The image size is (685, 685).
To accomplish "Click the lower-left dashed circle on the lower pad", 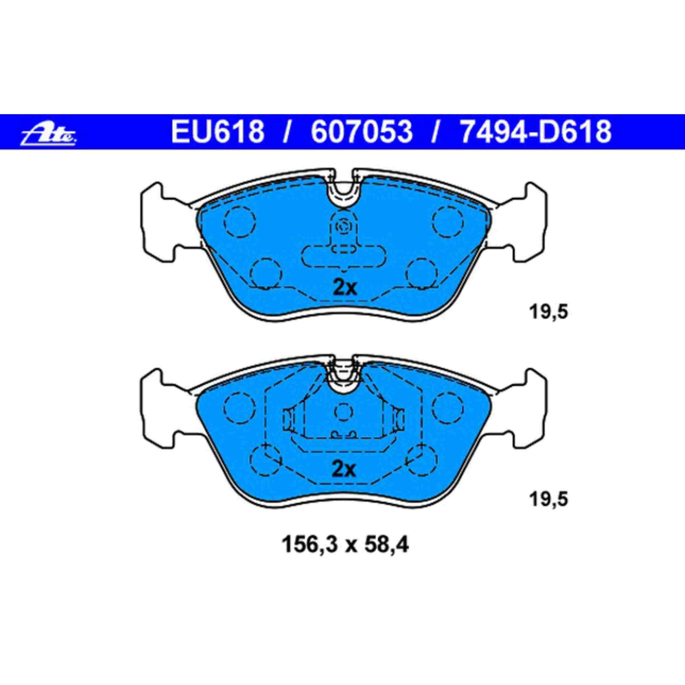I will (x=266, y=460).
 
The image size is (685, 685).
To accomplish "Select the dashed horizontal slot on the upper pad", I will (x=343, y=257).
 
